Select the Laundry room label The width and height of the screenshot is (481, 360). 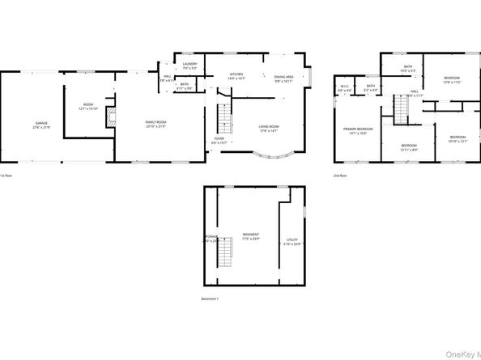click(189, 66)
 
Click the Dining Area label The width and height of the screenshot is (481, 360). click(283, 78)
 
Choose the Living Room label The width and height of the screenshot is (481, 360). click(269, 128)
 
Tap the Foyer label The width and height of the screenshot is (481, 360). click(219, 141)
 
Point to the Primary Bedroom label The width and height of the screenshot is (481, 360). click(358, 131)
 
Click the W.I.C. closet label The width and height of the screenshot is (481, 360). click(344, 87)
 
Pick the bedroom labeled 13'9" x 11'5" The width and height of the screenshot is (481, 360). click(451, 80)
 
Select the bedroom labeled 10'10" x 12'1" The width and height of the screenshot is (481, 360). click(458, 139)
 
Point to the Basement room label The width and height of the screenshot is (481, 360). click(250, 237)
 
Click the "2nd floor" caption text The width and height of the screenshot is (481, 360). click(341, 176)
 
